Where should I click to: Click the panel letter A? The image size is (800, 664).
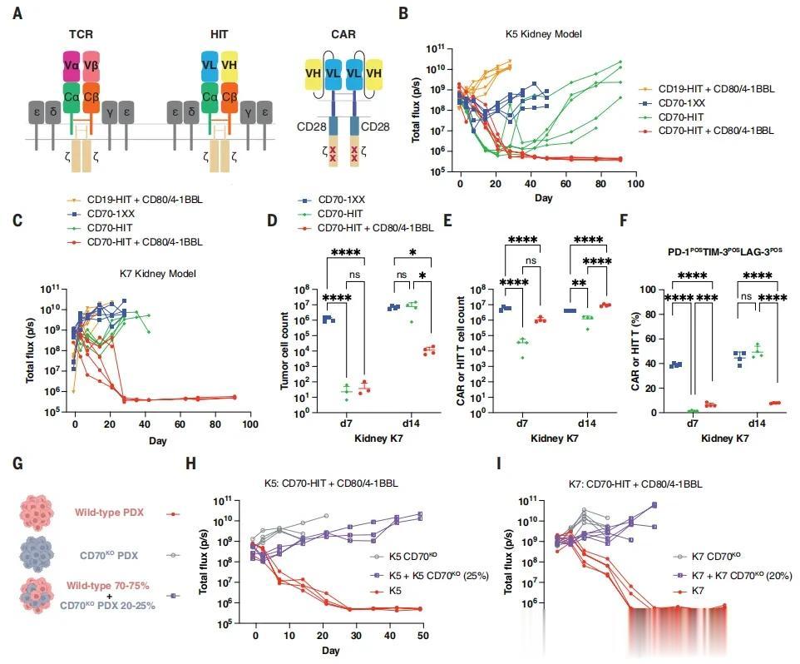pos(17,14)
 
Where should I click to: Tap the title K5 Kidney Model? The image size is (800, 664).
pos(542,34)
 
